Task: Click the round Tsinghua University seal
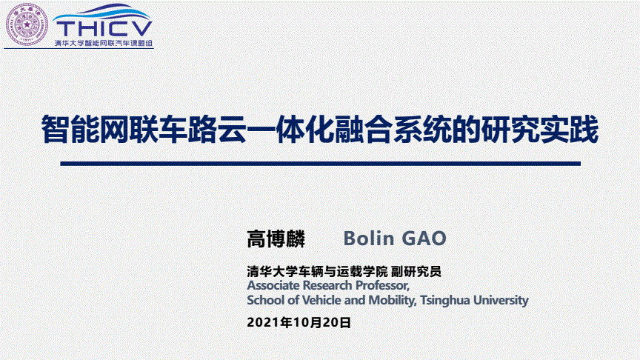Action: (27, 24)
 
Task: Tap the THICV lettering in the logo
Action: (104, 29)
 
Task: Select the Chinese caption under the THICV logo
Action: (104, 43)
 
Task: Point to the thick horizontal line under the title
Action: (321, 164)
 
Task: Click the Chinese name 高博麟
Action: (276, 239)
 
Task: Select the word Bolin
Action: (369, 239)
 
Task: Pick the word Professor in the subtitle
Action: (382, 285)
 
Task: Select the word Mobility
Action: (393, 301)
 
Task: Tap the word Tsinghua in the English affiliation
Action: (445, 301)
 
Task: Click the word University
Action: (501, 301)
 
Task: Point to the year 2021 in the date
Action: (263, 322)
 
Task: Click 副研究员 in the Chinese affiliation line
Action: (416, 271)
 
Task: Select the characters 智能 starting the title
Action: (70, 130)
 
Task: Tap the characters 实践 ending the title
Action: (570, 130)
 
